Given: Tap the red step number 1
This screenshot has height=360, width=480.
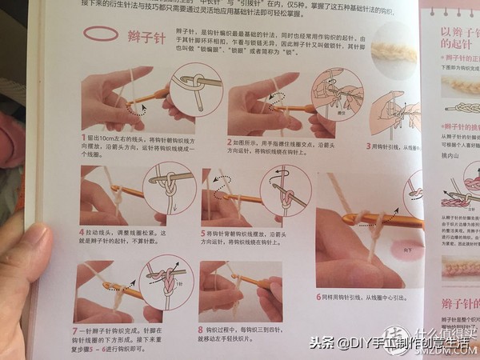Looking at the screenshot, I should [83, 138].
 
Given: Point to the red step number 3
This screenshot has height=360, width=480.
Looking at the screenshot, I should [368, 146].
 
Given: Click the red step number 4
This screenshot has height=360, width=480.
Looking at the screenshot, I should [82, 232].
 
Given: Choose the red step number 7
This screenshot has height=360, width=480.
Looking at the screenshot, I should [76, 330].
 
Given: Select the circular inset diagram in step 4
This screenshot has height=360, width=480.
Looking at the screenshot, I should [168, 192].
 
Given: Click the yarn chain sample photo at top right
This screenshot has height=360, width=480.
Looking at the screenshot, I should [394, 53].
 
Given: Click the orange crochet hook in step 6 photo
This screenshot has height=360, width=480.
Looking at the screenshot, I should [376, 218].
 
